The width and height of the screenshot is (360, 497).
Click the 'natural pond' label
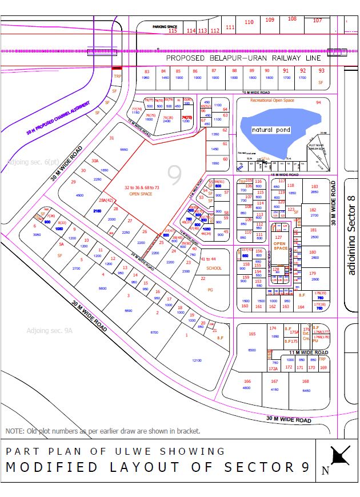271,130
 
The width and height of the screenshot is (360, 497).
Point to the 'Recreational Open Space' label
272,101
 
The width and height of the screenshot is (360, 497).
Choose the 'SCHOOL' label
214,267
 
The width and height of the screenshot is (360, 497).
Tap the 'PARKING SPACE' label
165,27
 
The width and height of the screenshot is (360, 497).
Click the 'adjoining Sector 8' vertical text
351,235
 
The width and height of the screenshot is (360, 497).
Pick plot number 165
252,334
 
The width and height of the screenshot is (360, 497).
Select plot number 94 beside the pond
318,103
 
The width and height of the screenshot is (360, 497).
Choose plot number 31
112,138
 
